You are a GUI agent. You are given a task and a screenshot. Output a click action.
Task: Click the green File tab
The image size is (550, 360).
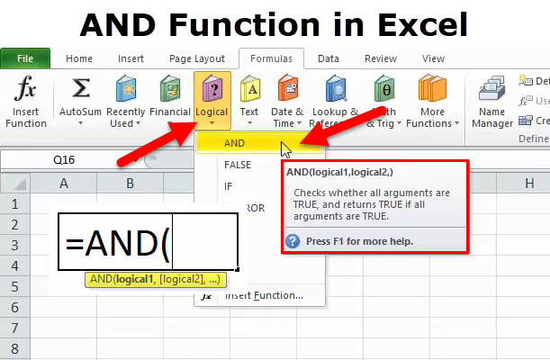pyautogui.click(x=25, y=58)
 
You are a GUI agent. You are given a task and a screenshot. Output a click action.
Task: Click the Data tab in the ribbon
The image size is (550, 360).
pyautogui.click(x=328, y=58)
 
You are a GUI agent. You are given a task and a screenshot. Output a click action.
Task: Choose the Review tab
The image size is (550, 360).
pyautogui.click(x=381, y=58)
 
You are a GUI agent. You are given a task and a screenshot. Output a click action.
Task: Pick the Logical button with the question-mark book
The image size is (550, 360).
pyautogui.click(x=212, y=101)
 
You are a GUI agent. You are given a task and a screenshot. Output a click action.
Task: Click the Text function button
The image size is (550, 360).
pyautogui.click(x=249, y=101)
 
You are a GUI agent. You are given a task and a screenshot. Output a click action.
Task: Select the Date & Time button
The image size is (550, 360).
pyautogui.click(x=288, y=101)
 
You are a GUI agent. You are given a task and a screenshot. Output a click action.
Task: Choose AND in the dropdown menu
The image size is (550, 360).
pyautogui.click(x=236, y=143)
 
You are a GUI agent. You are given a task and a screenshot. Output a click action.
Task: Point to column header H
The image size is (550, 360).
pyautogui.click(x=528, y=184)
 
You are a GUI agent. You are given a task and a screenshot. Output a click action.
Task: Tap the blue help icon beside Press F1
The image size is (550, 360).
pyautogui.click(x=293, y=241)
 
